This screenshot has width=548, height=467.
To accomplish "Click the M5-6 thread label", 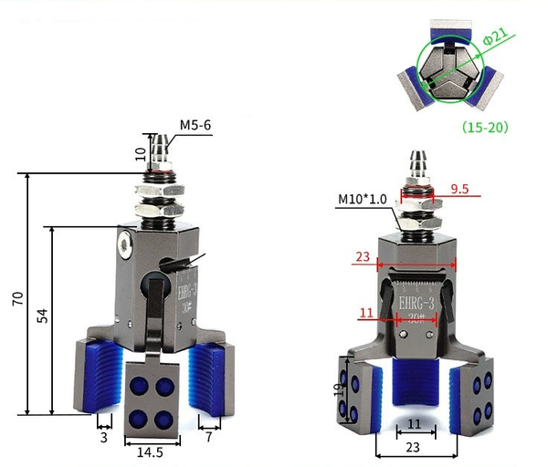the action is point(195,125).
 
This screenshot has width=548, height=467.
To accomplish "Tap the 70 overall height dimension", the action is point(18,299).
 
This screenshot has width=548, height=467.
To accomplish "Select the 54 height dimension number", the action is point(43,316).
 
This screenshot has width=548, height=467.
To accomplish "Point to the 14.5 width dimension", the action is point(150,452).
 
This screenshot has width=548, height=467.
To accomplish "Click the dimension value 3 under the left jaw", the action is point(104,438).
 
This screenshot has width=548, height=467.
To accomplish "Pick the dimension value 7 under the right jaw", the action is point(208,437).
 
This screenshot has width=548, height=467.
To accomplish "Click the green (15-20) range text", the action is point(485,127).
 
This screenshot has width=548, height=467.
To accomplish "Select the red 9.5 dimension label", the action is point(459,189).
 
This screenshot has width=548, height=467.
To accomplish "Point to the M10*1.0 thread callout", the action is point(363,199).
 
